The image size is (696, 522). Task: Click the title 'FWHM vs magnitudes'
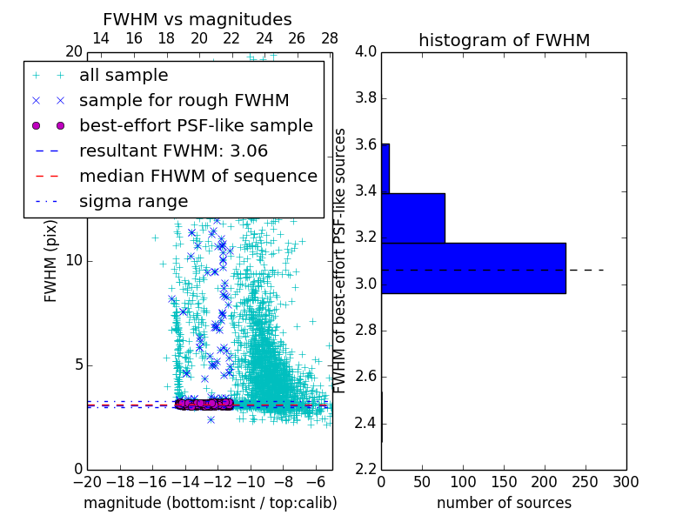pyautogui.click(x=197, y=19)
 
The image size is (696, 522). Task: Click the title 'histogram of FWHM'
pyautogui.click(x=504, y=40)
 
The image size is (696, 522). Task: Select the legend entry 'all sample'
pyautogui.click(x=124, y=76)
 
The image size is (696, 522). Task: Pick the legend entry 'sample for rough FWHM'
pyautogui.click(x=184, y=101)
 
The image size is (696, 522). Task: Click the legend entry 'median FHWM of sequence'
pyautogui.click(x=197, y=177)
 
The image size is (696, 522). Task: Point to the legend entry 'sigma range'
pyautogui.click(x=133, y=202)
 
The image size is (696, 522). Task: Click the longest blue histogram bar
pyautogui.click(x=473, y=268)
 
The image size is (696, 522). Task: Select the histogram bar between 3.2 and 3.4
pyautogui.click(x=413, y=217)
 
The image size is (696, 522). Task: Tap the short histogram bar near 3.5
pyautogui.click(x=385, y=168)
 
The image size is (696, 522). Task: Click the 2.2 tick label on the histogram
pyautogui.click(x=365, y=470)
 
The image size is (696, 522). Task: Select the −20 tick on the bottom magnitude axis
pyautogui.click(x=87, y=481)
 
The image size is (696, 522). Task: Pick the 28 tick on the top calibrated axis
pyautogui.click(x=330, y=39)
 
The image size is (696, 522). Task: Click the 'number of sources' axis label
pyautogui.click(x=504, y=503)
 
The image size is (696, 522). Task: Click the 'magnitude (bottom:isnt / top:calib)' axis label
pyautogui.click(x=210, y=503)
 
